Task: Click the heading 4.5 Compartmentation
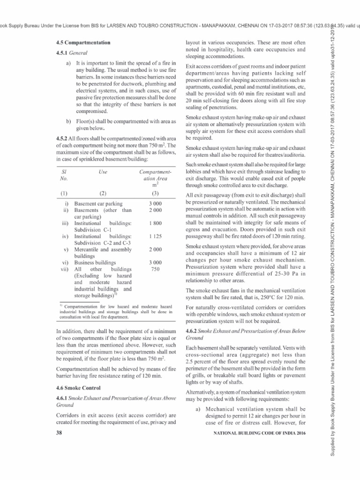point(83,43)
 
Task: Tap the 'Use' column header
point(104,172)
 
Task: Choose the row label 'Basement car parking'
point(98,204)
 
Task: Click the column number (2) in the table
point(104,193)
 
